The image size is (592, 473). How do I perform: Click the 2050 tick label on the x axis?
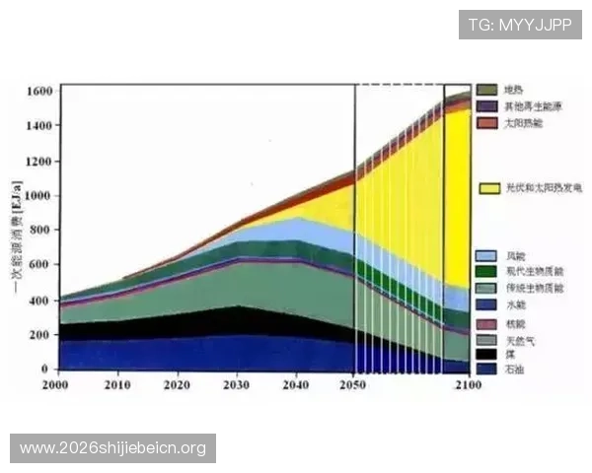tap(354, 383)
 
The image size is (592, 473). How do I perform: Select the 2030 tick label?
tap(237, 383)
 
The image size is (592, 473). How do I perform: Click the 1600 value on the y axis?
tap(39, 92)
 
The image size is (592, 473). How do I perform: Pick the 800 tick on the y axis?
tap(43, 231)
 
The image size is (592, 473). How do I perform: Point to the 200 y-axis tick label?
tap(43, 335)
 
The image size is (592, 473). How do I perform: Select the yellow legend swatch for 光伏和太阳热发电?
tap(486, 187)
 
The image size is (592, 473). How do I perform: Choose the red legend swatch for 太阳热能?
tap(486, 123)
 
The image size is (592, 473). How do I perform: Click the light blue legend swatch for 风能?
tap(486, 255)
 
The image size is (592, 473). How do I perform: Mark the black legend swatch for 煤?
tap(486, 353)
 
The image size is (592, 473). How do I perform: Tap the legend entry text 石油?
tap(513, 369)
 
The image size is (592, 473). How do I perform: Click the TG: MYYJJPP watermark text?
tap(519, 23)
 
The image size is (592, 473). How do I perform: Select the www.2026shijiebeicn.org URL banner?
tap(113, 448)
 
